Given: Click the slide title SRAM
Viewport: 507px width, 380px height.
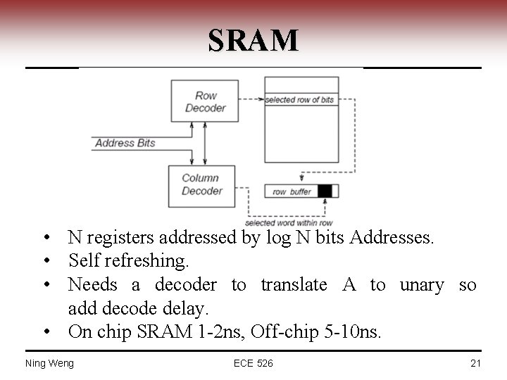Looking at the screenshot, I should [254, 40].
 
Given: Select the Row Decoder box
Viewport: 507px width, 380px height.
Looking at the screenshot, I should [205, 101].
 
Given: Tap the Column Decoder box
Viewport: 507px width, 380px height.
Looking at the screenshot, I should [201, 185].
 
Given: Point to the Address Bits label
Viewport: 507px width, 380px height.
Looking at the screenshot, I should [125, 143].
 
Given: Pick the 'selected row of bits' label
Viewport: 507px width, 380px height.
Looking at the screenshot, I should [299, 100].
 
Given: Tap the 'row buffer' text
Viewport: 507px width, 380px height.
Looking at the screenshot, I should [291, 191].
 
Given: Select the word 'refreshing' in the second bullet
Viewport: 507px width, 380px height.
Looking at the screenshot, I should [152, 261].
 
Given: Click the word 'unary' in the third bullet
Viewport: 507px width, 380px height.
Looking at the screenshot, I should [422, 285].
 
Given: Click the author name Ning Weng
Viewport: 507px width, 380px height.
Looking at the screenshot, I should [49, 363].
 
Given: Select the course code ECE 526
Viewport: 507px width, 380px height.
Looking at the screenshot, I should [254, 363].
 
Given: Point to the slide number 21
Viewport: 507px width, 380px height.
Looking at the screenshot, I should [475, 363].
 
